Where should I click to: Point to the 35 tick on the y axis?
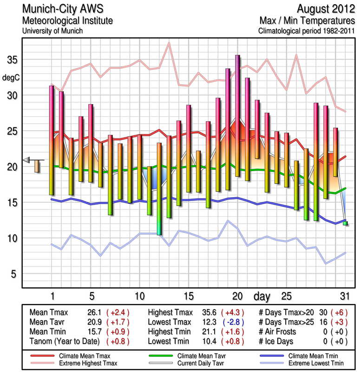[x=12, y=60]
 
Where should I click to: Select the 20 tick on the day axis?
[x=237, y=296]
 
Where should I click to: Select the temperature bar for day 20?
[x=237, y=116]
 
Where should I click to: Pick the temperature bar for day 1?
[x=52, y=140]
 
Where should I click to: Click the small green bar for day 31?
[x=345, y=224]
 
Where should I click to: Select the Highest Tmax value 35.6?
[x=210, y=312]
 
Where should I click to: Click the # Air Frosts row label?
[x=280, y=332]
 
